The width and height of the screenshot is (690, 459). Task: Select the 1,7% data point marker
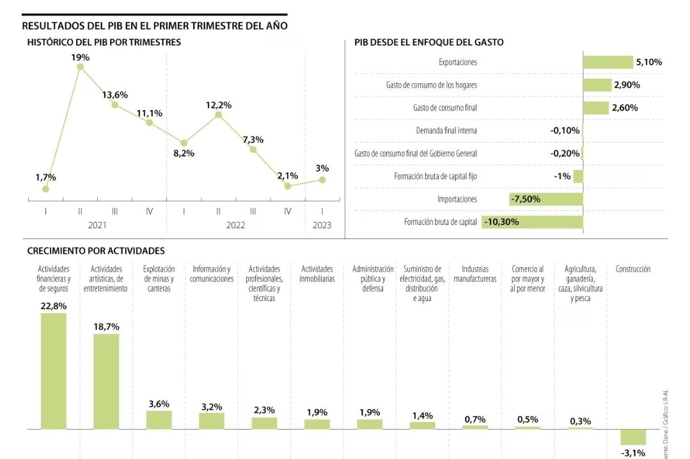45,189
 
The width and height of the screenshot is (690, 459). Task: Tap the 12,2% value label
219,105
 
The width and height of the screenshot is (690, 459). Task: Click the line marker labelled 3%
322,180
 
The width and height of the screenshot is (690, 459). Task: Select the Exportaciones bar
607,62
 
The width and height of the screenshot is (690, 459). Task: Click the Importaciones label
457,199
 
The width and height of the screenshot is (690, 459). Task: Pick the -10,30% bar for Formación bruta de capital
532,222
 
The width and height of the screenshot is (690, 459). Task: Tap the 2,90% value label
627,85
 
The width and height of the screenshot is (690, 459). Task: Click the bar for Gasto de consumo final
595,108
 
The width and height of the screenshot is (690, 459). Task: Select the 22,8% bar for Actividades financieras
54,370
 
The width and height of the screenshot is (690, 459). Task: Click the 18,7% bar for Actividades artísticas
106,380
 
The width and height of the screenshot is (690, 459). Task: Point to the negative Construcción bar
633,437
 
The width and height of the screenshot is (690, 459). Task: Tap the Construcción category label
633,270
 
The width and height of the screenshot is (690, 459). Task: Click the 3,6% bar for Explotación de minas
159,419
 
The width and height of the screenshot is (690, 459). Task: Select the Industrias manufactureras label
475,274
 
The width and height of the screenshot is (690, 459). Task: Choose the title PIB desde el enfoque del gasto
428,42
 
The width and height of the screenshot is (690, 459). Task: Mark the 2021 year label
97,226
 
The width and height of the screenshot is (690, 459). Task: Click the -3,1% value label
633,453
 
